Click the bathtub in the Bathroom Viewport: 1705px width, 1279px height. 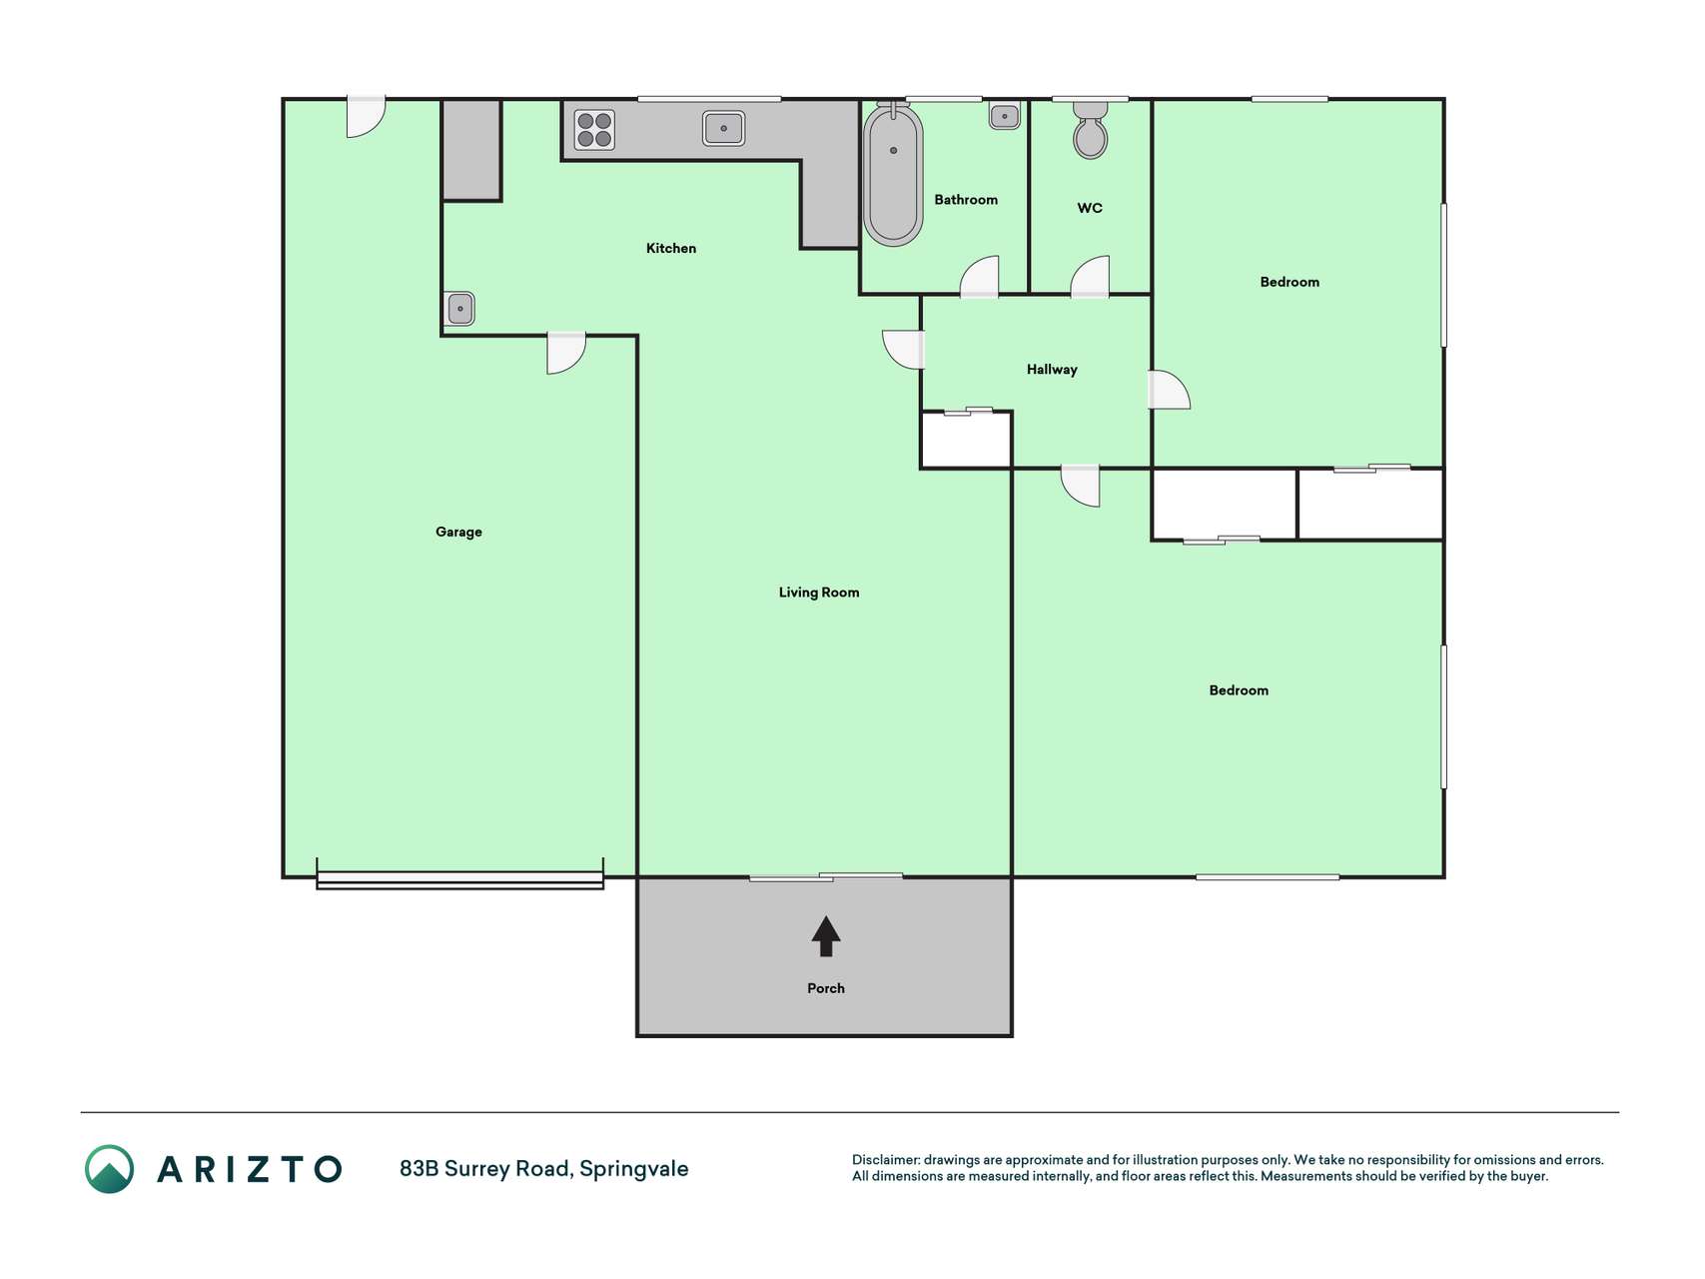point(893,175)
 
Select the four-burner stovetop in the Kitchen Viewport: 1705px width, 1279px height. point(594,130)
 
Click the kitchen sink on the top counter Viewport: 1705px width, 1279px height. point(723,128)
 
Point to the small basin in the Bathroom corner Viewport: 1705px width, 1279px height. point(1005,116)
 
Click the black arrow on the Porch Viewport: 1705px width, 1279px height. point(825,936)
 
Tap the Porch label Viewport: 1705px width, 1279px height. point(826,988)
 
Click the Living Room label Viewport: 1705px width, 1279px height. point(819,593)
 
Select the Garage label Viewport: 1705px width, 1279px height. point(458,532)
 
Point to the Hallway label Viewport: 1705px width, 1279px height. point(1052,370)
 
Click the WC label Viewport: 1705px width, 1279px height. point(1090,208)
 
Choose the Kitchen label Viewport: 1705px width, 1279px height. point(671,248)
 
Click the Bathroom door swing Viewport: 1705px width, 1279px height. point(980,277)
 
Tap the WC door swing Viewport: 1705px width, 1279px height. point(1090,277)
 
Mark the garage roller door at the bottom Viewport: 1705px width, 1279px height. point(459,879)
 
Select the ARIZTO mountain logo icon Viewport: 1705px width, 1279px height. point(109,1169)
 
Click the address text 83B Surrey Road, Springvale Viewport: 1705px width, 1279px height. point(544,1169)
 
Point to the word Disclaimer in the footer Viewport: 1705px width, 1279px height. point(886,1160)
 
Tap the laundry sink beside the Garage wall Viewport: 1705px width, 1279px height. point(459,309)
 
